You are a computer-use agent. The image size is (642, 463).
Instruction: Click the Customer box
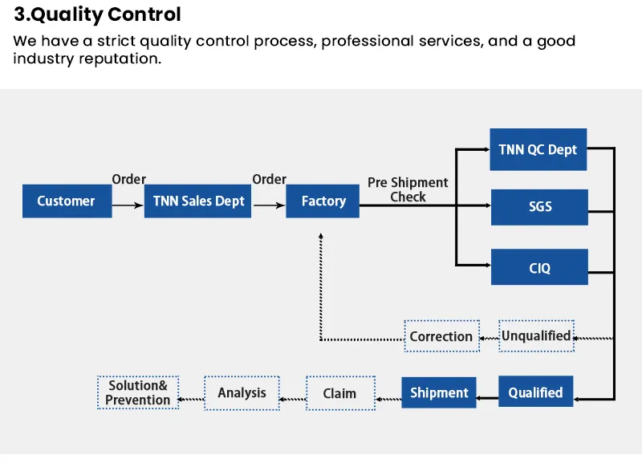[67, 201]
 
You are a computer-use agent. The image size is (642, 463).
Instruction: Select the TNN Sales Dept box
[198, 201]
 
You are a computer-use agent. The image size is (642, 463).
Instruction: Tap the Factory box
[323, 201]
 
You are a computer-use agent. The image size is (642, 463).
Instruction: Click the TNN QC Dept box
[538, 149]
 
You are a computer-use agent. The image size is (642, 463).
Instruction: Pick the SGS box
[539, 207]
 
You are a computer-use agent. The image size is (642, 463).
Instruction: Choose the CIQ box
[539, 267]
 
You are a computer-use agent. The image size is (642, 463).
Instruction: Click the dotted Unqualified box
[536, 335]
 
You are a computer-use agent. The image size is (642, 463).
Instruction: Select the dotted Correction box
[441, 336]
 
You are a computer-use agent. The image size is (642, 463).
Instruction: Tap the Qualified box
[535, 392]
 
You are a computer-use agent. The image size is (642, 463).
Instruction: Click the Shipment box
[439, 392]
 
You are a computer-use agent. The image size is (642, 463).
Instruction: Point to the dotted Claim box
[340, 393]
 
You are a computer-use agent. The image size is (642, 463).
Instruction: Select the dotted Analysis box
[242, 393]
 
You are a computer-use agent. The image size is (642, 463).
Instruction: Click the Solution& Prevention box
[138, 392]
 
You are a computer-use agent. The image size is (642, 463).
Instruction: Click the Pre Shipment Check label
[408, 189]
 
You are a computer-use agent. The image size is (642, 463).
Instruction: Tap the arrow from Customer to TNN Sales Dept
[128, 207]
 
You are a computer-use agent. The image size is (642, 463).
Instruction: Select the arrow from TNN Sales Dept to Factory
[269, 207]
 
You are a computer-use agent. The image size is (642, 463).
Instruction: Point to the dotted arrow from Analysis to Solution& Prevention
[191, 398]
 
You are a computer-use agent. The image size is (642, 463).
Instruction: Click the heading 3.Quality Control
[97, 14]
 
